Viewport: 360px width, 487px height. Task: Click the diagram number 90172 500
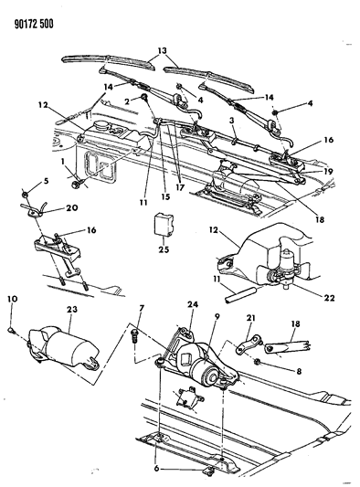pos(34,25)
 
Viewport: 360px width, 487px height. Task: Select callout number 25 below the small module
pos(164,249)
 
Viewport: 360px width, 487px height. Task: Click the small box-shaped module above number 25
pos(164,223)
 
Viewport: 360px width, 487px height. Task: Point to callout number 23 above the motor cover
pos(72,310)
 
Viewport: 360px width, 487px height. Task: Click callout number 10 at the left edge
pos(13,299)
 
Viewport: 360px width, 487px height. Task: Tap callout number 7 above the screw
pos(142,308)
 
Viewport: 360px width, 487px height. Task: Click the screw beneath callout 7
pos(134,335)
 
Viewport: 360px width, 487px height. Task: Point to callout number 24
pos(193,304)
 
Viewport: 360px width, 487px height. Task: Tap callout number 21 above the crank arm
pos(250,318)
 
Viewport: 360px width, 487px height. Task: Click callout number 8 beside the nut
pos(299,371)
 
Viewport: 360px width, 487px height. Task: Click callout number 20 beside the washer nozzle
pos(72,207)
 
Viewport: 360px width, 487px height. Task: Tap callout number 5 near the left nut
pos(46,180)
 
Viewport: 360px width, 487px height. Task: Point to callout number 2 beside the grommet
pos(127,101)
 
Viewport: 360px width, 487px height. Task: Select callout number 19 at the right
pos(328,171)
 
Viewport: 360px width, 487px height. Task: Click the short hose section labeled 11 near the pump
pos(240,296)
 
